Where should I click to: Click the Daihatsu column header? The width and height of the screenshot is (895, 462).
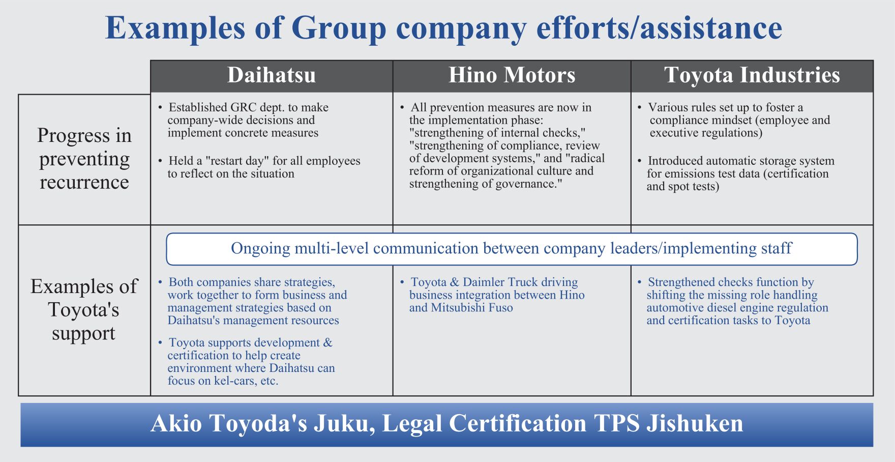pyautogui.click(x=272, y=75)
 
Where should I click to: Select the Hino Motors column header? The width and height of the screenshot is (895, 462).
pyautogui.click(x=512, y=75)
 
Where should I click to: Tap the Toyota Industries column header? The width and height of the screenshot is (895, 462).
pyautogui.click(x=752, y=75)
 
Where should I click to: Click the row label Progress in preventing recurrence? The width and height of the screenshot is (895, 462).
pyautogui.click(x=84, y=159)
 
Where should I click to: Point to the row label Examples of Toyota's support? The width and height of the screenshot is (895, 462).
pyautogui.click(x=84, y=310)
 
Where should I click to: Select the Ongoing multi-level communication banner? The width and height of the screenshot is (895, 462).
pyautogui.click(x=512, y=249)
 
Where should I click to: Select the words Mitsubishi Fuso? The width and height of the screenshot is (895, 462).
pyautogui.click(x=472, y=308)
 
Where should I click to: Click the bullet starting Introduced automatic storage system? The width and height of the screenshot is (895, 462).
pyautogui.click(x=736, y=174)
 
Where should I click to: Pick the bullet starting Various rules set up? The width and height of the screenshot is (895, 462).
pyautogui.click(x=734, y=120)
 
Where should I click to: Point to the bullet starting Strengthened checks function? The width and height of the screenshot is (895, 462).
pyautogui.click(x=733, y=301)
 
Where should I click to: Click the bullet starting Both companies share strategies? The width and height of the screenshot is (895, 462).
pyautogui.click(x=253, y=301)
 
